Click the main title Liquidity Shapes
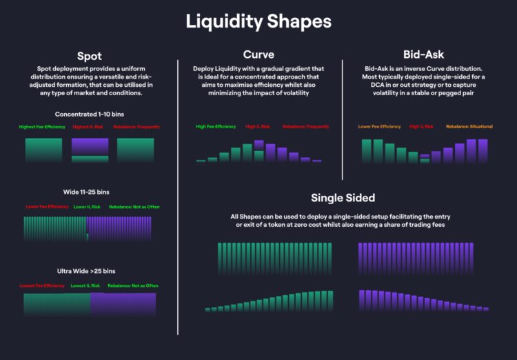click(258, 21)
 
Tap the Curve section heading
click(259, 54)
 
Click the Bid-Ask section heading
click(424, 54)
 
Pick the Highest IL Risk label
click(88, 127)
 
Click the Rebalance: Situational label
click(469, 127)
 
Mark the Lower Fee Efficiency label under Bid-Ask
click(379, 127)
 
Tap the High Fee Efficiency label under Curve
click(216, 127)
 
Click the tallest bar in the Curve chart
click(258, 151)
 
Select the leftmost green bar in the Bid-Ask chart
click(367, 150)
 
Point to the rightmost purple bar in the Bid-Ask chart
click(483, 150)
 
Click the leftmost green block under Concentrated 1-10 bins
click(43, 150)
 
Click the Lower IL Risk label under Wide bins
click(87, 207)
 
